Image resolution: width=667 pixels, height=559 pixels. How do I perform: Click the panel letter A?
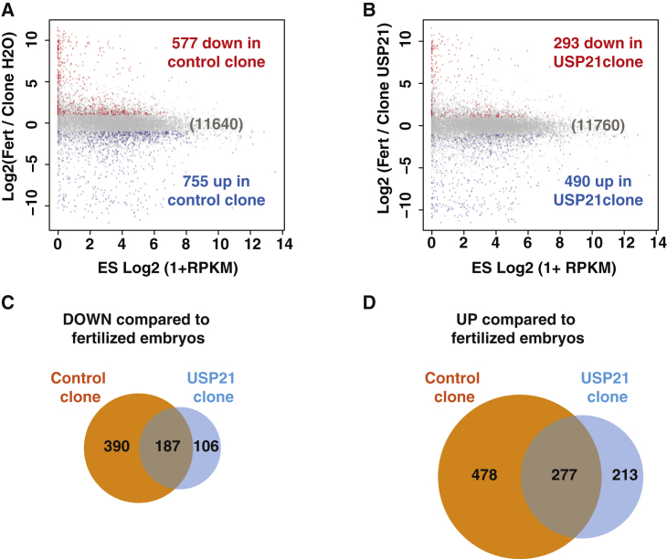point(8,8)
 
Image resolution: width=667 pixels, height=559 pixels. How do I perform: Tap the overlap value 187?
point(166,445)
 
